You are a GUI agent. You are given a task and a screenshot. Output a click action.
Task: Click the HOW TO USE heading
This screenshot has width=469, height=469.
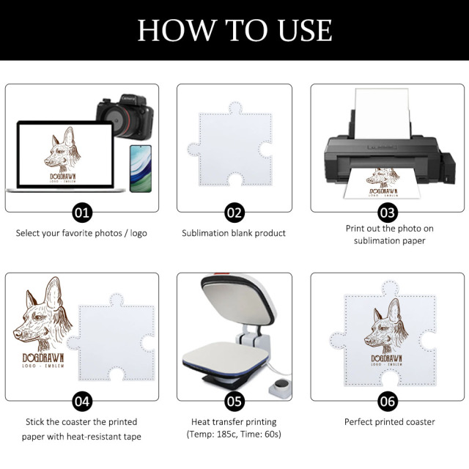click(x=234, y=30)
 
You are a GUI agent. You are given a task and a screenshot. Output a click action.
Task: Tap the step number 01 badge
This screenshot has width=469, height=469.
click(x=82, y=213)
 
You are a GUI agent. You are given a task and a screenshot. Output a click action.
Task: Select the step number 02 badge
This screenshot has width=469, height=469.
click(x=234, y=213)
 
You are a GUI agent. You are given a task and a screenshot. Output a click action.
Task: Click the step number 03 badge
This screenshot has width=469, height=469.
click(x=388, y=213)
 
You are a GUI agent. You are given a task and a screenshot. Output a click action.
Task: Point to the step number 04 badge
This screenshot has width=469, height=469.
click(x=82, y=402)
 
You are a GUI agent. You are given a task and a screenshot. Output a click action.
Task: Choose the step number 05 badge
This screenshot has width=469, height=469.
click(x=234, y=402)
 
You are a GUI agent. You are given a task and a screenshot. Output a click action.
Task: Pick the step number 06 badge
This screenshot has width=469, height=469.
click(x=388, y=402)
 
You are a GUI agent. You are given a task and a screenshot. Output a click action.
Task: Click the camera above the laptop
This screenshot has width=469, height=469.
click(x=125, y=118)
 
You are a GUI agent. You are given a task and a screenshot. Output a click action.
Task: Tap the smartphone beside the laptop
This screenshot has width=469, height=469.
click(x=140, y=168)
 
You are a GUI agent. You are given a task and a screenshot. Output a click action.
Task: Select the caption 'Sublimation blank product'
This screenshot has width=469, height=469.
click(x=234, y=233)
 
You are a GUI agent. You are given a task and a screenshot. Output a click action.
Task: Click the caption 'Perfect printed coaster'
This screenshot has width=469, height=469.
click(x=389, y=422)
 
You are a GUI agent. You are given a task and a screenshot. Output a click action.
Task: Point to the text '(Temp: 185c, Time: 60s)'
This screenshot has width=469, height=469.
click(x=234, y=435)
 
